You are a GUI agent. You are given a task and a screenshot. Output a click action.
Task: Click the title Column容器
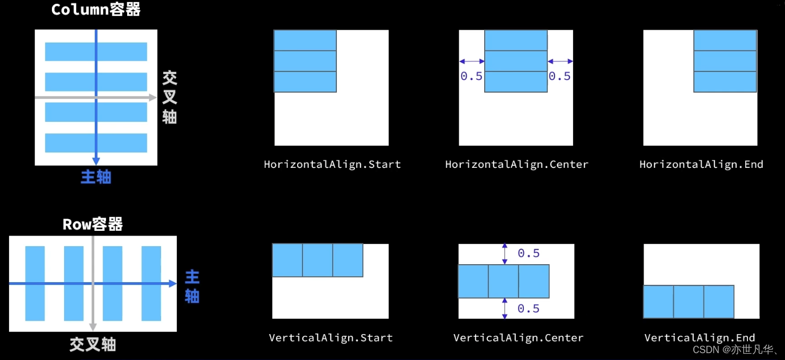click(96, 10)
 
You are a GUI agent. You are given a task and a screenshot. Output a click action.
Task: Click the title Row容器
click(93, 224)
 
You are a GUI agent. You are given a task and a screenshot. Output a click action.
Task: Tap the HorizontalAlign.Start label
click(332, 164)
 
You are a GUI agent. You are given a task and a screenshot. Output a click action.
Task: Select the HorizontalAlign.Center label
click(516, 164)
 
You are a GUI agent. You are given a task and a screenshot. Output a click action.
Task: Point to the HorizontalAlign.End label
click(701, 164)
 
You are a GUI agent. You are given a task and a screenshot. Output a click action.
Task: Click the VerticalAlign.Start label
click(331, 338)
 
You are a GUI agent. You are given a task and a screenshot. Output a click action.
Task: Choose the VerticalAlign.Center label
click(518, 338)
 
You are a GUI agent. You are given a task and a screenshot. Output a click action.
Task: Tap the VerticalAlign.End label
click(699, 338)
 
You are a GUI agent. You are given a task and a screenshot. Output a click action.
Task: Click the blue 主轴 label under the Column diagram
click(96, 177)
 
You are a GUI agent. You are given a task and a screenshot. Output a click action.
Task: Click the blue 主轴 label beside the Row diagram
click(192, 286)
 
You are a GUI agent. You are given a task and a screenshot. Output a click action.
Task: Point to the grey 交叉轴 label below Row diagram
click(93, 345)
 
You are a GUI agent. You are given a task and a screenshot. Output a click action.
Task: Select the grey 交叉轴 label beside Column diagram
click(170, 97)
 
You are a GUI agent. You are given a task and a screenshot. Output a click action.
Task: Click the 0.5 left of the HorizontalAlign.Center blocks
click(471, 76)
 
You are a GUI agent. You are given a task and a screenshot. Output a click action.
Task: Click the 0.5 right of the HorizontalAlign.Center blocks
click(559, 76)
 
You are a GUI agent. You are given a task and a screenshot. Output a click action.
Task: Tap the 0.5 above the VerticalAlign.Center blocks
click(529, 253)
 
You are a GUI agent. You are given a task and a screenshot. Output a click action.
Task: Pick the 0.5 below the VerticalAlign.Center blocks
click(529, 308)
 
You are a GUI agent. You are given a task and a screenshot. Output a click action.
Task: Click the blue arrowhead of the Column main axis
click(96, 161)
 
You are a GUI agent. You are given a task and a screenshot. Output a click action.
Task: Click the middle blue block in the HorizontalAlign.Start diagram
click(305, 61)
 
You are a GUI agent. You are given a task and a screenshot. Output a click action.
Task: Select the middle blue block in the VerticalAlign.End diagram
click(689, 302)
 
